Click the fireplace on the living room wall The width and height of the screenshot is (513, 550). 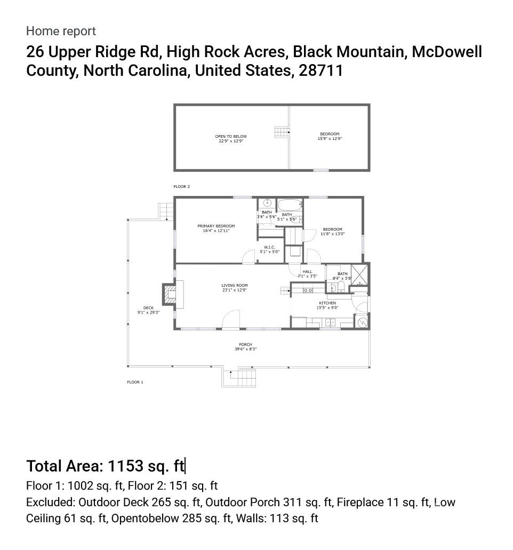[170, 294]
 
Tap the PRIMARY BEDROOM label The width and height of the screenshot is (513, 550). [216, 226]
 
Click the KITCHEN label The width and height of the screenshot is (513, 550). [327, 303]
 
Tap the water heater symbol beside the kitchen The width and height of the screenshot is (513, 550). [363, 322]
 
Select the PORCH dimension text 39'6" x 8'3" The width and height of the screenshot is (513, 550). [246, 349]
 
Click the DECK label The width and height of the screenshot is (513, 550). [148, 308]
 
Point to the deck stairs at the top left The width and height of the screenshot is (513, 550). [166, 211]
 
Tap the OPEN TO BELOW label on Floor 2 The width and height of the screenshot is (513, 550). [231, 136]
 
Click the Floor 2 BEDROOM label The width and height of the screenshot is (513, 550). [330, 134]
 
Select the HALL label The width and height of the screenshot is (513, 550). [307, 272]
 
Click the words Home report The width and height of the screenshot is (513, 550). [61, 31]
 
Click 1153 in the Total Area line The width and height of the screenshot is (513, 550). [126, 466]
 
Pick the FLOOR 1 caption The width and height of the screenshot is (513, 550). [135, 382]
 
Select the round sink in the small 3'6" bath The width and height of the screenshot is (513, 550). [267, 203]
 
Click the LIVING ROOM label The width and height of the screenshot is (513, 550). [235, 286]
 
